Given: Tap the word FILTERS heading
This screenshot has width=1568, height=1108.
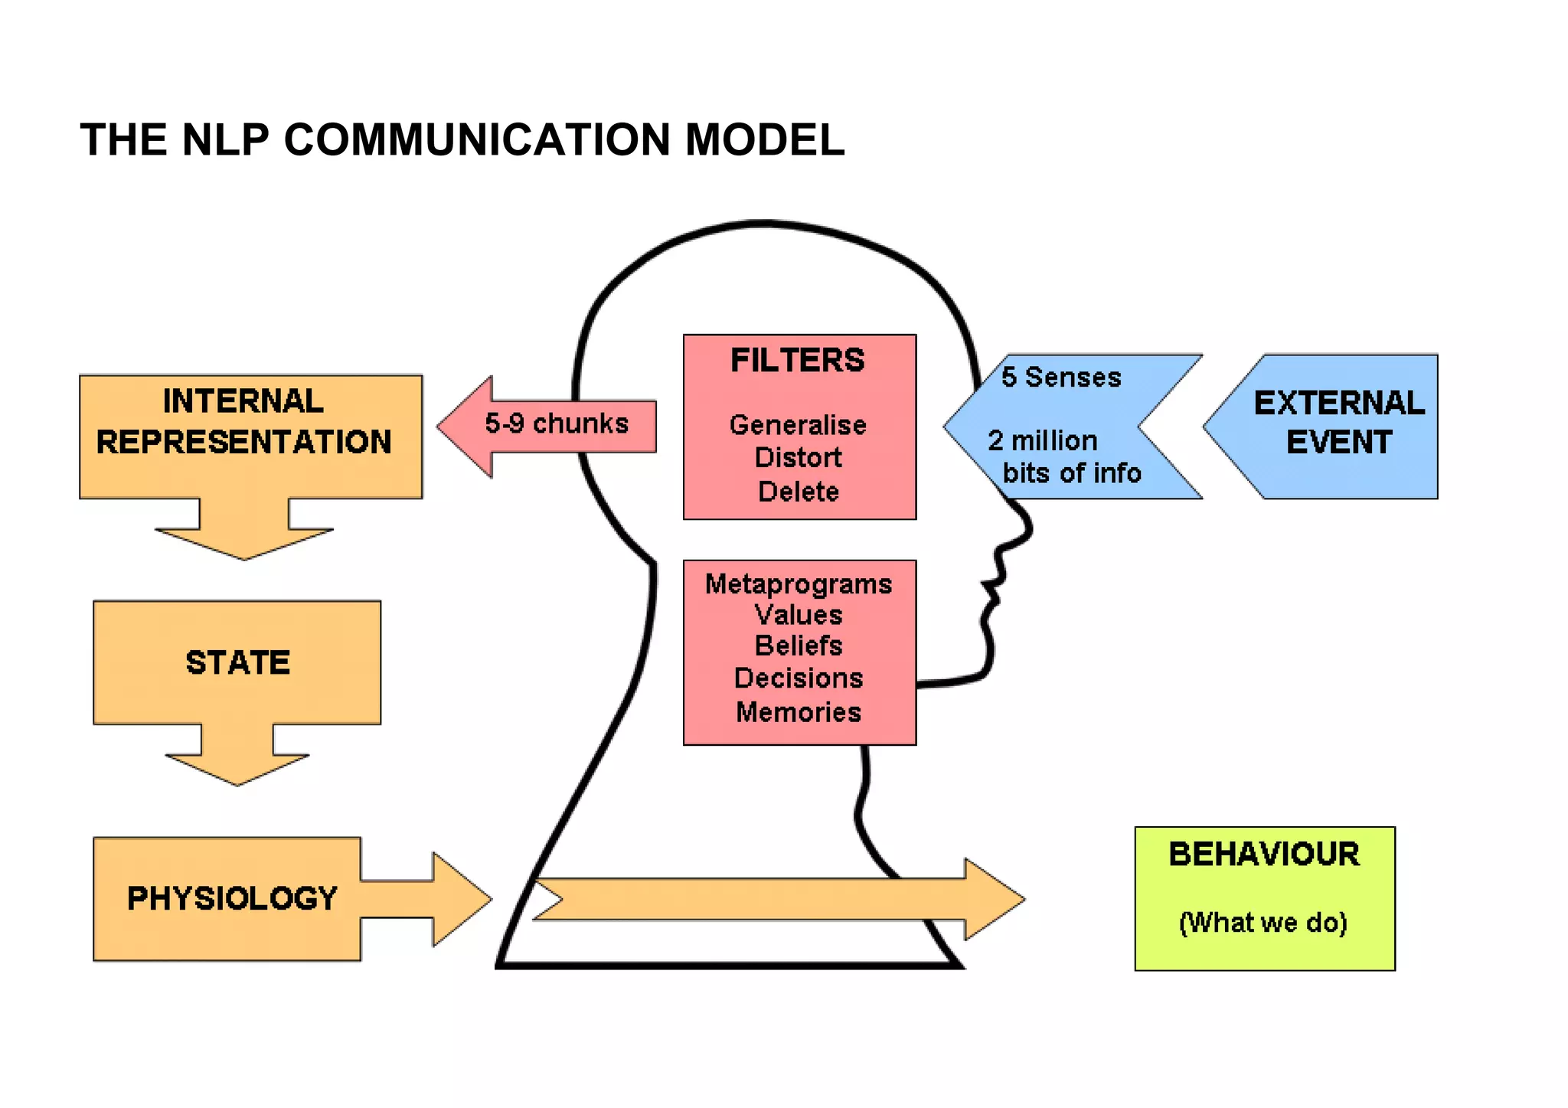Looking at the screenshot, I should tap(798, 361).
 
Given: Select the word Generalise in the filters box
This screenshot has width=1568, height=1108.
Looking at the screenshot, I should tap(798, 425).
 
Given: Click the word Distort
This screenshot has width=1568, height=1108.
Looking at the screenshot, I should tap(798, 458).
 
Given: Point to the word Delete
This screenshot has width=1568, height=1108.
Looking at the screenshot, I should tap(798, 492).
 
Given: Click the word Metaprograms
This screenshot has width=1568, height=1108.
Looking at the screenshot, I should tap(799, 584).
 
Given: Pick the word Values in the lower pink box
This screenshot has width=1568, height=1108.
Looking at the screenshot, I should tap(799, 615).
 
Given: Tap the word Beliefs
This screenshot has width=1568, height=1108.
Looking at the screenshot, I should tap(799, 646).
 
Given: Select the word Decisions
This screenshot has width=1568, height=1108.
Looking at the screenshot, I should tap(799, 678).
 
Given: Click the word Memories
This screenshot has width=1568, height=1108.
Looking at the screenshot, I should tap(799, 712).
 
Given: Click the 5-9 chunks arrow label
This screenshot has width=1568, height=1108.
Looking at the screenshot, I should tap(557, 423).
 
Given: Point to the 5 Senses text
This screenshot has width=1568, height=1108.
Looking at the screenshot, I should tap(1061, 378).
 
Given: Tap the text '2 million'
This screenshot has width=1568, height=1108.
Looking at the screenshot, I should tap(1043, 441).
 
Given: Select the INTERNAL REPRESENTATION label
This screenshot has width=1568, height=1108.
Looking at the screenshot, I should tap(243, 422).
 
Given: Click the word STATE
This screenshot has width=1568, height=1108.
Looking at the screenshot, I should tap(238, 663).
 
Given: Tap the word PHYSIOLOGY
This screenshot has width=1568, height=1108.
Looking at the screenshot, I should tap(232, 899).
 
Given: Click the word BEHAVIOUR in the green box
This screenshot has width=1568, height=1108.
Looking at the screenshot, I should tap(1264, 855).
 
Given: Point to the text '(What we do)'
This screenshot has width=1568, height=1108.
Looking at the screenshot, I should tap(1263, 923).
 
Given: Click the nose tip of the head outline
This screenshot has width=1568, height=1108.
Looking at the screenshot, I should tap(1031, 527).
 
